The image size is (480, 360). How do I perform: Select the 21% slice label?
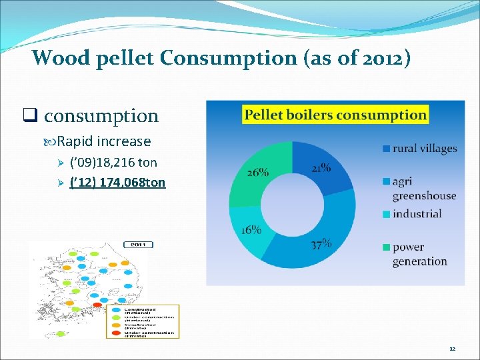[x=320, y=169]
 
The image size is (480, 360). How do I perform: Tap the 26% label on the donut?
[x=257, y=172]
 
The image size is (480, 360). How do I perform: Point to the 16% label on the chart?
[x=251, y=229]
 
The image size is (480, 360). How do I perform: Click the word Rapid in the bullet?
[x=75, y=141]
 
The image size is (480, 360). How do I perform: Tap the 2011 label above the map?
[x=137, y=245]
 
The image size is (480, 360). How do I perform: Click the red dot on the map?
[x=97, y=305]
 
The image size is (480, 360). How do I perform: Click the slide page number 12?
[x=452, y=349]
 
